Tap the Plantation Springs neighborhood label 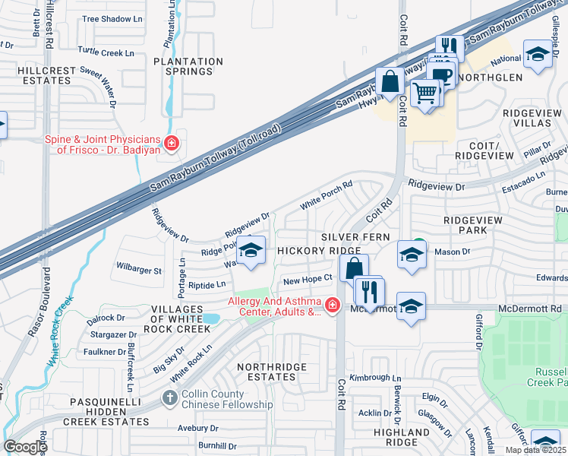(188, 66)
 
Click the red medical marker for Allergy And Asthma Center (331, 306)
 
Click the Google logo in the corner (25, 447)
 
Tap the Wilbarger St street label (138, 270)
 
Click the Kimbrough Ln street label (375, 377)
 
